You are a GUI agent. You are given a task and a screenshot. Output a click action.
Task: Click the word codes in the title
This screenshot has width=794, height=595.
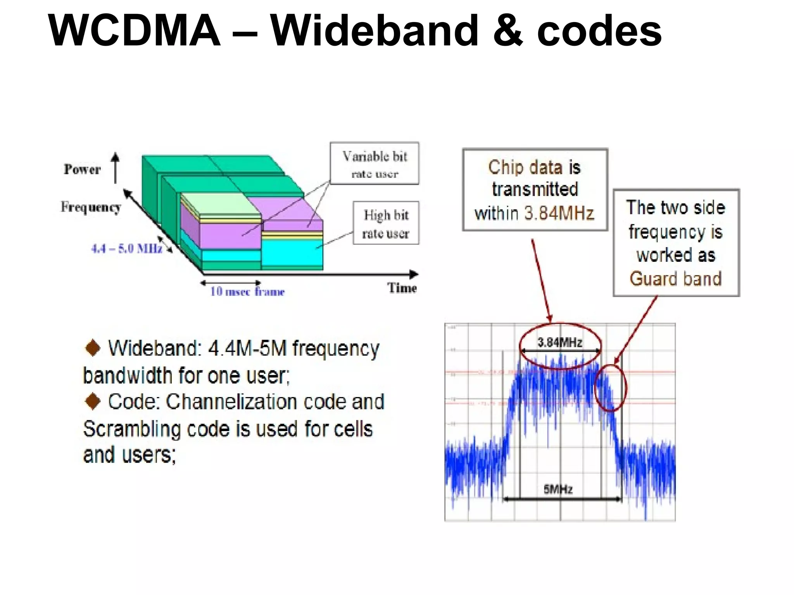[x=599, y=31]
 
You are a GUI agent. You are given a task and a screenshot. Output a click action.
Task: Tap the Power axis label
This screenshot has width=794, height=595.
[x=82, y=169]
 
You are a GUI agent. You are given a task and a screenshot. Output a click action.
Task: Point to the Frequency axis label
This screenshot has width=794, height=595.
[x=91, y=207]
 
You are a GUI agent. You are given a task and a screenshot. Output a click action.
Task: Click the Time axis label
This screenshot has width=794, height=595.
[x=402, y=288]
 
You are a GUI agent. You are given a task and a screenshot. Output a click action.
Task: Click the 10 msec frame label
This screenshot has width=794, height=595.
[x=247, y=291]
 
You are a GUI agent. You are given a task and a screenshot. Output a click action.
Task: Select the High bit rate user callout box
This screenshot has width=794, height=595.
[x=386, y=224]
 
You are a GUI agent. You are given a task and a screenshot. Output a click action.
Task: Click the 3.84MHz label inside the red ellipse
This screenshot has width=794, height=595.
[x=559, y=342]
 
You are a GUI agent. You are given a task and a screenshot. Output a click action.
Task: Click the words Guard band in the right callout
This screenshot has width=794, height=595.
[x=675, y=279]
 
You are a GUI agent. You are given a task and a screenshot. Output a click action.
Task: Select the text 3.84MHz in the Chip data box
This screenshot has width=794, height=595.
[x=559, y=213]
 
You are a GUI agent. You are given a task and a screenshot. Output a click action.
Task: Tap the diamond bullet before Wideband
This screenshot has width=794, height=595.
[x=93, y=347]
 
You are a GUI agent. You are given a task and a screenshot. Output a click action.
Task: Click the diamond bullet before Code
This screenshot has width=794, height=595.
[x=93, y=401]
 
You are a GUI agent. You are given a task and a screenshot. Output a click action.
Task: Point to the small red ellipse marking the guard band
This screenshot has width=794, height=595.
[x=611, y=387]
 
